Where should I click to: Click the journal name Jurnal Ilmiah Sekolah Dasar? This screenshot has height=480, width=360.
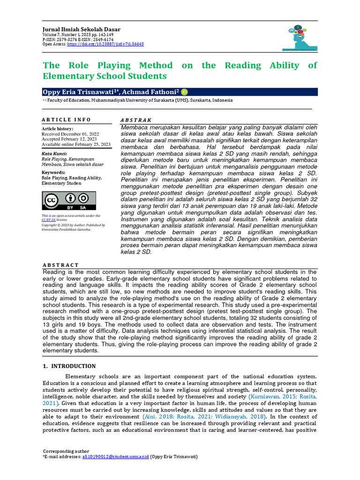click(81, 30)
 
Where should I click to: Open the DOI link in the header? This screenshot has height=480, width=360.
click(105, 44)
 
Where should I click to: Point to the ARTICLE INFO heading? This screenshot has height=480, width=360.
click(66, 120)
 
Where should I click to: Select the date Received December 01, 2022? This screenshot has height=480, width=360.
click(70, 134)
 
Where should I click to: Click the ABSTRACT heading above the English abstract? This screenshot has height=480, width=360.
click(60, 265)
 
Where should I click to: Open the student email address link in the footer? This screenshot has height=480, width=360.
click(115, 457)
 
